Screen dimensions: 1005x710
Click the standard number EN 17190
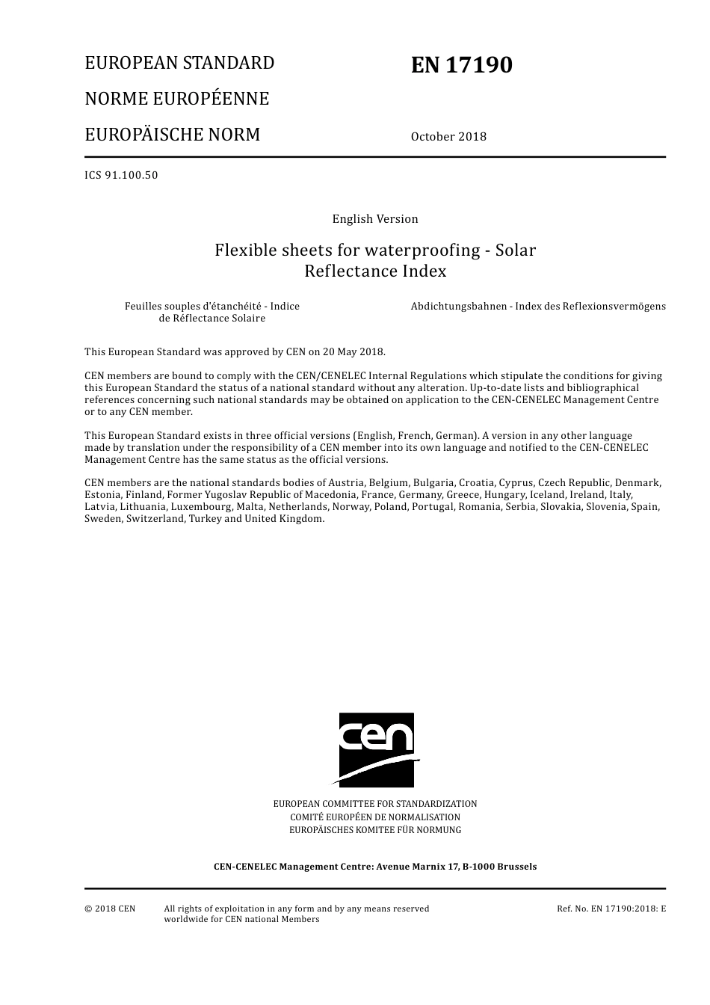tap(461, 66)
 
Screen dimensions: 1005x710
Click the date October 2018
tap(448, 137)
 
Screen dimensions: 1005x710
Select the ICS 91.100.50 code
tap(121, 176)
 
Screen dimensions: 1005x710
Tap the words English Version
tap(375, 219)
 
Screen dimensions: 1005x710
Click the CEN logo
tap(377, 749)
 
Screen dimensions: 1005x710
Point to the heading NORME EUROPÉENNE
tap(176, 99)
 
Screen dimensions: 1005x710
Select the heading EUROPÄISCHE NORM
tap(173, 135)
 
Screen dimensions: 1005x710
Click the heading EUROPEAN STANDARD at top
tap(179, 63)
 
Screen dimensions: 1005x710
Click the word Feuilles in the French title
tap(143, 307)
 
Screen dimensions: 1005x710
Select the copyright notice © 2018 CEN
tap(110, 909)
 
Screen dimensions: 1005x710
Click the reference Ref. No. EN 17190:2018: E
tap(611, 909)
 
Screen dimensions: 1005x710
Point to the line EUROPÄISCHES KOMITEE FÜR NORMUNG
tap(375, 830)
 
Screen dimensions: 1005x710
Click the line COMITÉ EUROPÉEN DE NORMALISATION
tap(375, 817)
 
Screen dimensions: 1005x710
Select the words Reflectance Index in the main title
tap(375, 271)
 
